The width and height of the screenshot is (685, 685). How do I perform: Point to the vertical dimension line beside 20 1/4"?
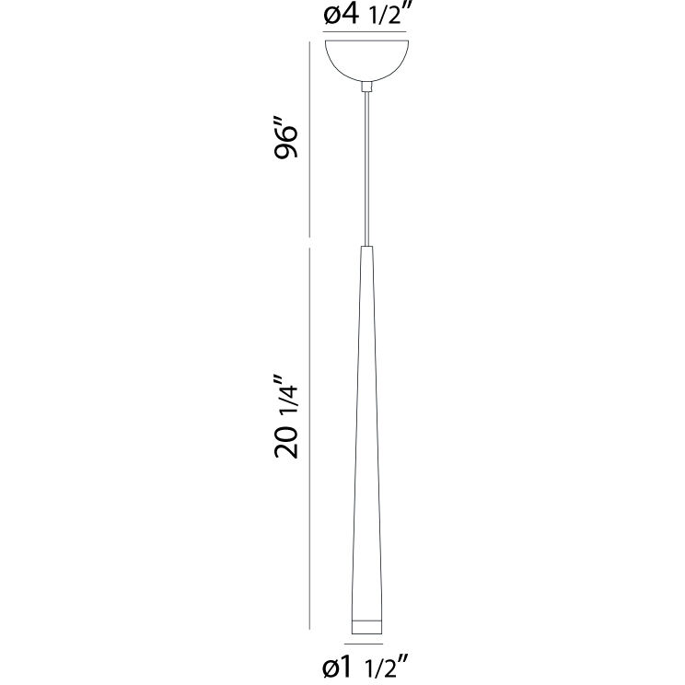[309, 442]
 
